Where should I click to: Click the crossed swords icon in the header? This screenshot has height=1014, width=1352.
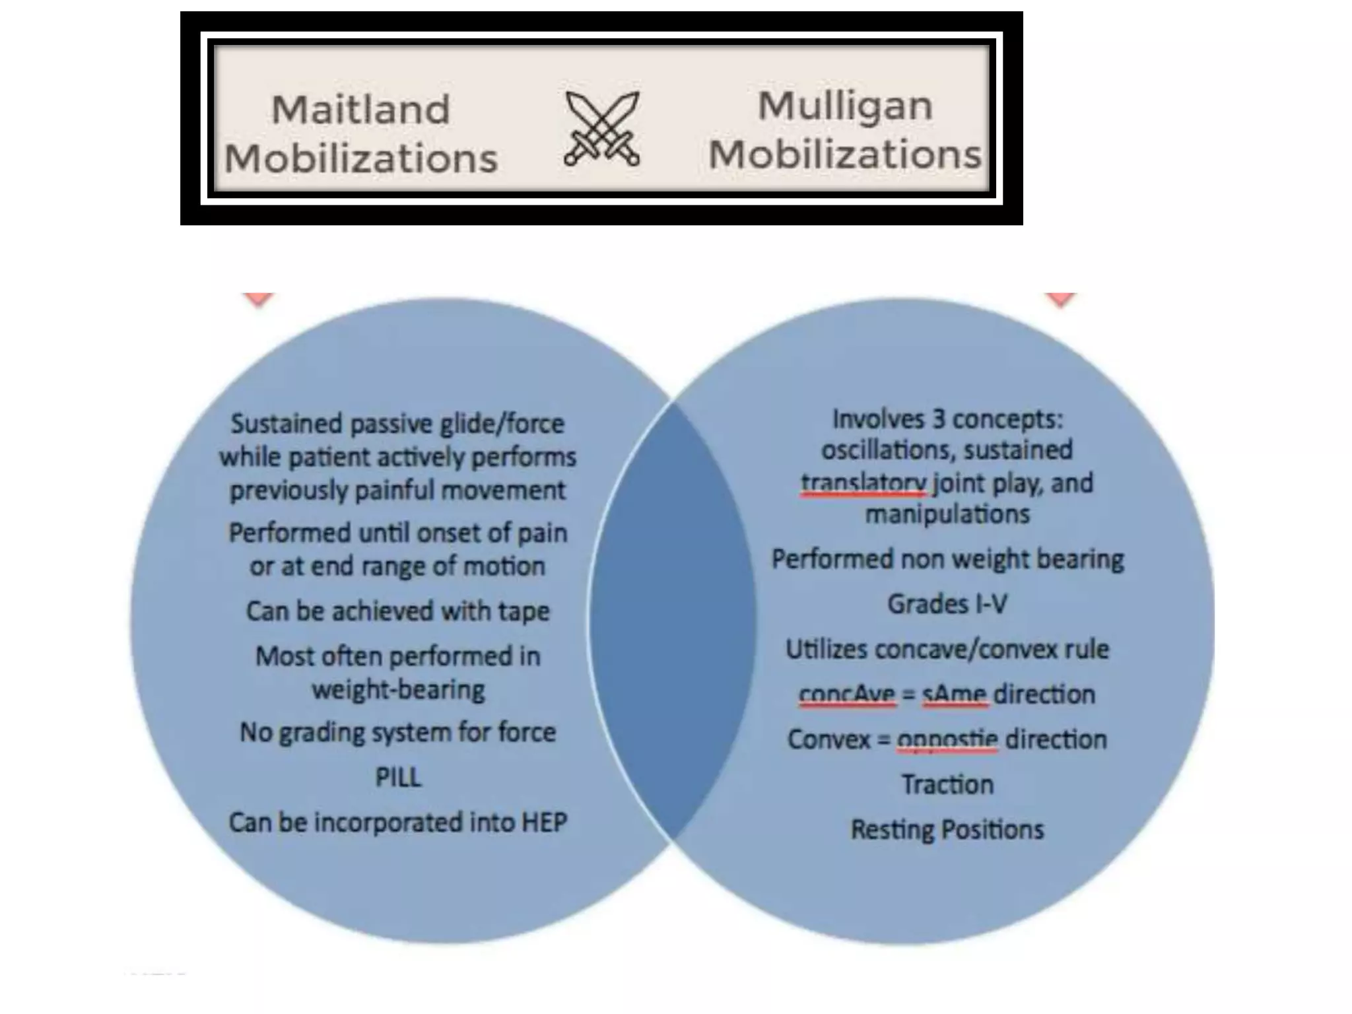point(601,128)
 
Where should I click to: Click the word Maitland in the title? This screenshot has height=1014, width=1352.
point(360,109)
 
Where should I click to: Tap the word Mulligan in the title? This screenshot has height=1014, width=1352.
point(845,106)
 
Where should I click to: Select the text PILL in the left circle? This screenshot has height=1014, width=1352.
point(398,777)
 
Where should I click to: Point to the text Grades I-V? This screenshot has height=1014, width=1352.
point(947,603)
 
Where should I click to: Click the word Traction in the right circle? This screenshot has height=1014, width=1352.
point(947,784)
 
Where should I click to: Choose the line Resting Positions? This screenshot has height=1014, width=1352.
point(947,829)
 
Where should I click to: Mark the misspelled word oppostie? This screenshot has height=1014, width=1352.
point(947,739)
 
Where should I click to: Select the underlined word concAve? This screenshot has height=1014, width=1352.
point(847,694)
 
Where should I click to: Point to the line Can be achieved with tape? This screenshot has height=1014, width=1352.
point(398,611)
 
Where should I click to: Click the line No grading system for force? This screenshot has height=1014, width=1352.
point(398,731)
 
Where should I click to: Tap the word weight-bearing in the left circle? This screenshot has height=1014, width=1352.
point(398,689)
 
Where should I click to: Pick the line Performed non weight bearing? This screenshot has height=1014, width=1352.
point(947,558)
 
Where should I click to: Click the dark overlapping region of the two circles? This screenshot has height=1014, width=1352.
point(672,621)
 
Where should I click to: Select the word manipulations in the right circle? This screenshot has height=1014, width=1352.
point(947,514)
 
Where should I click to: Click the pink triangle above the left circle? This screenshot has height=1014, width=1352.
point(258,299)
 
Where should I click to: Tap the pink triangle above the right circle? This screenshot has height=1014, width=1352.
point(1061,299)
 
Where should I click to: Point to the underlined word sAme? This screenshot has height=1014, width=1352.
point(955,694)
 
